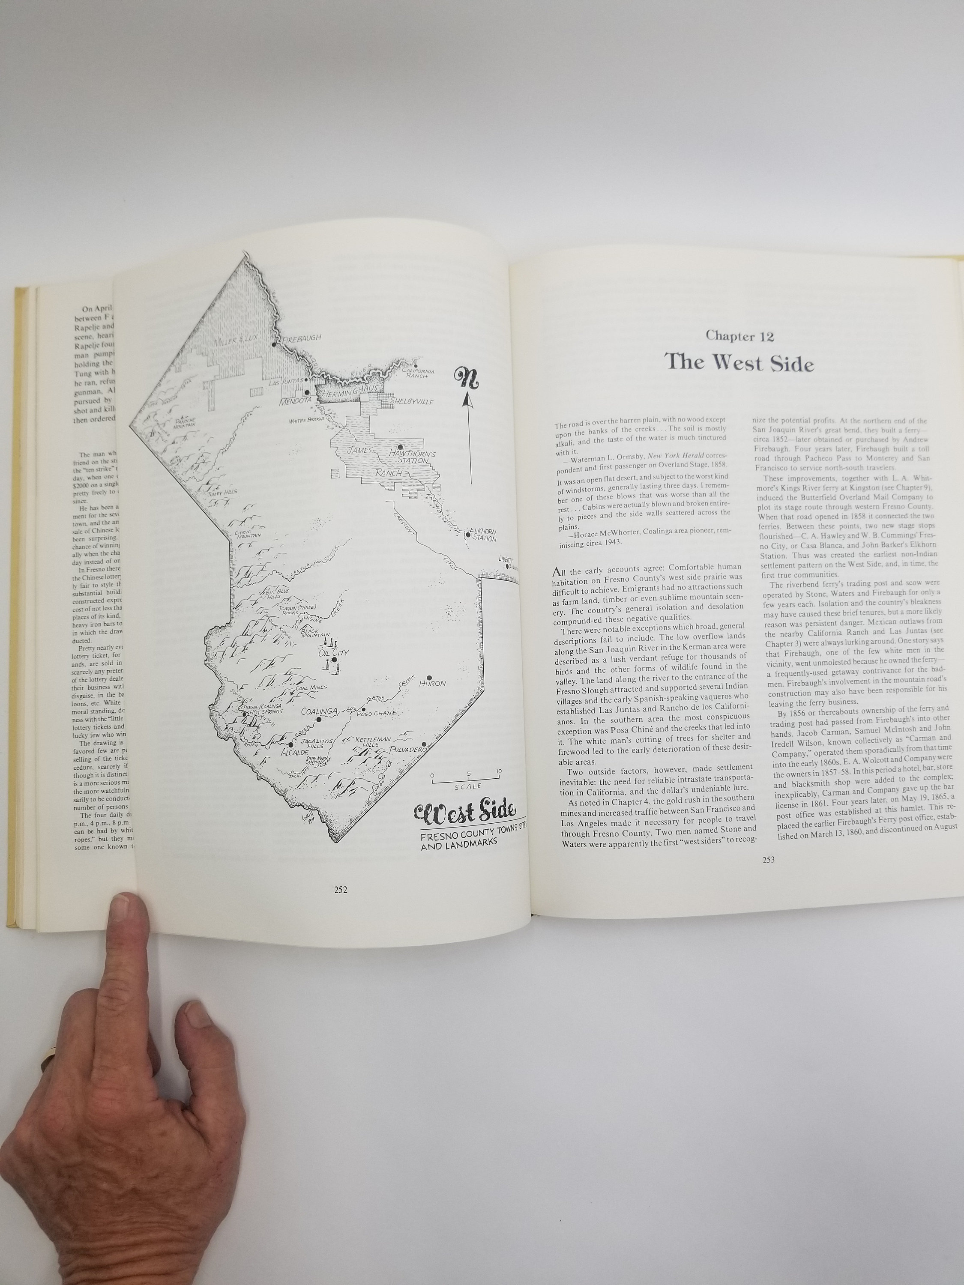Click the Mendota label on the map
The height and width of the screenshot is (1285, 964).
click(x=295, y=401)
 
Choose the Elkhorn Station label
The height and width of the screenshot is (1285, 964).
click(x=483, y=535)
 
